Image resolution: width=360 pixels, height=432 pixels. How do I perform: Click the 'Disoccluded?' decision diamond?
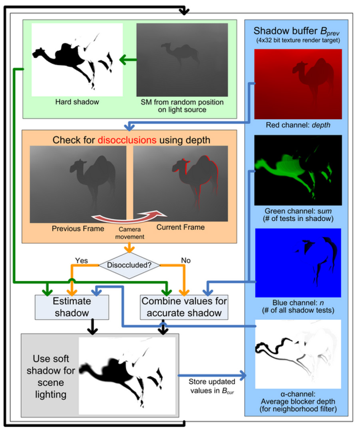[129, 264]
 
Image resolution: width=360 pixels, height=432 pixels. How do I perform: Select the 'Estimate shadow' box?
[72, 307]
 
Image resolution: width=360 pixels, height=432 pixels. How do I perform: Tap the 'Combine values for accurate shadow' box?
[184, 307]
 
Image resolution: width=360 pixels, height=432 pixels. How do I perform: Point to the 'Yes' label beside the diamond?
[82, 260]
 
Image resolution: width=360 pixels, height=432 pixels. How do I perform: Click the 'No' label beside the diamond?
[186, 260]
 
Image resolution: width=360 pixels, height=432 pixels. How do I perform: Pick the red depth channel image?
[298, 84]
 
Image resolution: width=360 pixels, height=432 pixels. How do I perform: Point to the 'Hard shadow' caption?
[78, 102]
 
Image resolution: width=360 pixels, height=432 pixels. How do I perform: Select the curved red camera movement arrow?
[127, 216]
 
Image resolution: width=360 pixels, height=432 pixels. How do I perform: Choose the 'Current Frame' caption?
[180, 227]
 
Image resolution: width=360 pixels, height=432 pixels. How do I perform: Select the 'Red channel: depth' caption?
[297, 125]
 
